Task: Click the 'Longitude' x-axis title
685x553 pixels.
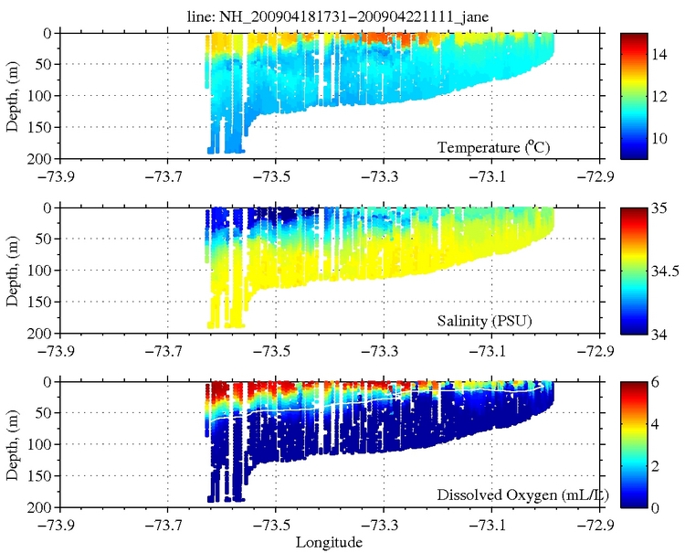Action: coord(329,542)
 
